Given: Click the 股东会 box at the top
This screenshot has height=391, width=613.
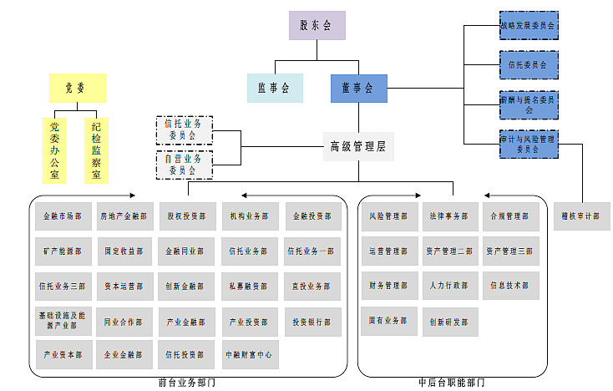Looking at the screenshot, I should click(x=317, y=25).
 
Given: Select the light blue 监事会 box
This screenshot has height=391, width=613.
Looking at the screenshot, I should click(x=274, y=88).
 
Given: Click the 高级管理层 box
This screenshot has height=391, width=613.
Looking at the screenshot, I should click(x=358, y=146).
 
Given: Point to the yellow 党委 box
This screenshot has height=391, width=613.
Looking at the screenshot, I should click(x=74, y=87).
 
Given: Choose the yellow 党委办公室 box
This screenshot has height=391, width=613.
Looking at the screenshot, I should click(x=54, y=150).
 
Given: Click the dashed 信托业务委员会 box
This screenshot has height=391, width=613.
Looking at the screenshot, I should click(x=185, y=129).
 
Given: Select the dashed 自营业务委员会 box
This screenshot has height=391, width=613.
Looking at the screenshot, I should click(x=185, y=164).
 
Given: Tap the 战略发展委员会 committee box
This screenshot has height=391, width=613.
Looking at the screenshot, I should click(x=527, y=25).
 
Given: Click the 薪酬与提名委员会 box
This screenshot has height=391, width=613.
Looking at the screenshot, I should click(x=527, y=104).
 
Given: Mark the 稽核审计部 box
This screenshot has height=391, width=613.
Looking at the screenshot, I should click(x=580, y=216).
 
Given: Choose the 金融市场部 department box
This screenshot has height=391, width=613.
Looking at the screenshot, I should click(x=63, y=216).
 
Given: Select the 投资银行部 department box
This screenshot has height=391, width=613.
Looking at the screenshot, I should click(x=312, y=321).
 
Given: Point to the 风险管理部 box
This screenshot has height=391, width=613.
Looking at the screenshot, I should click(x=388, y=216).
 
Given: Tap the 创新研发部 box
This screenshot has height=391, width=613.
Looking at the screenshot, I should click(x=450, y=321).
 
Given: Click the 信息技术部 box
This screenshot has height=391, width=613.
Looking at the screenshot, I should click(x=510, y=286).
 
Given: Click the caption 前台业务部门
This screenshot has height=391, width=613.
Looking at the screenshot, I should click(x=187, y=383).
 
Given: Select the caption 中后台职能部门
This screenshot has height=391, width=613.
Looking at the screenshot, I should click(x=452, y=383).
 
